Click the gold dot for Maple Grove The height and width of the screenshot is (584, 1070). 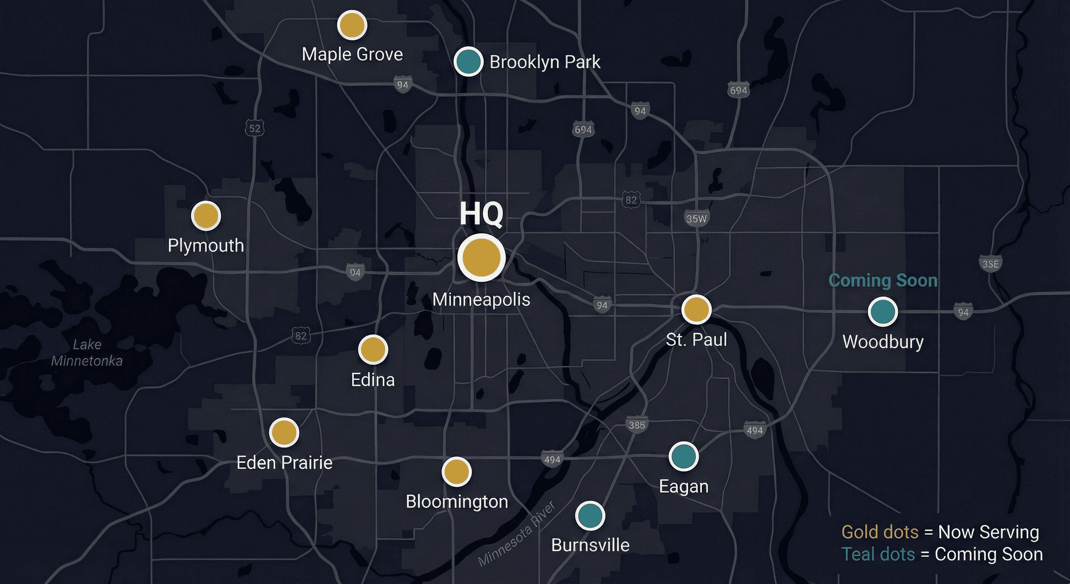(352, 25)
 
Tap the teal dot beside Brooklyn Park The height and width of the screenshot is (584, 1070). (468, 61)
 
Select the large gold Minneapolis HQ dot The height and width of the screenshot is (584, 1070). (481, 257)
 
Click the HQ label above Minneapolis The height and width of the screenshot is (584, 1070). (481, 214)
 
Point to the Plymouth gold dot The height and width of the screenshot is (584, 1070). (206, 216)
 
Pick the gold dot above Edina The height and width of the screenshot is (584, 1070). (373, 349)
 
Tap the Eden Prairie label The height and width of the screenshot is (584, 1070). (285, 463)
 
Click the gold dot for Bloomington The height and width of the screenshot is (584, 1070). (456, 471)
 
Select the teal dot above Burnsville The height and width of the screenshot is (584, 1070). (590, 516)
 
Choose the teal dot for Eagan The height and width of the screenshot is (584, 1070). (683, 456)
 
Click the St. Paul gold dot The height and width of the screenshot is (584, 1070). (696, 309)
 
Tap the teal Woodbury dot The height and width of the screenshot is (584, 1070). (882, 312)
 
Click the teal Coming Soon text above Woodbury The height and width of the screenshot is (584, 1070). (883, 281)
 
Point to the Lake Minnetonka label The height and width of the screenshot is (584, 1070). (87, 352)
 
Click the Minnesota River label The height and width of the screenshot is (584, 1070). (517, 534)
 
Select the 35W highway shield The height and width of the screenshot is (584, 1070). (696, 219)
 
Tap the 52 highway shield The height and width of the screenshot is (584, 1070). (255, 129)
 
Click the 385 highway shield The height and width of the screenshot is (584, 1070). (637, 425)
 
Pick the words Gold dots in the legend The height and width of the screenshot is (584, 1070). (879, 532)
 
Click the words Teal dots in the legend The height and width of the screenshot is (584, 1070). (878, 554)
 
